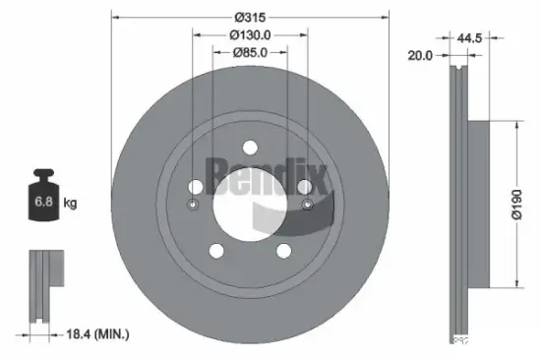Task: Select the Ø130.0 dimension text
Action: (250, 35)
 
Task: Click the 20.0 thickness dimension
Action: (421, 56)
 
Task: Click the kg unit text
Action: (71, 204)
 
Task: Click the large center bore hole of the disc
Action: (250, 204)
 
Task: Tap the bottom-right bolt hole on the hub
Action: (283, 250)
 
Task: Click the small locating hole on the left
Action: (193, 205)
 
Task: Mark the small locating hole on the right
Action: (307, 205)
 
